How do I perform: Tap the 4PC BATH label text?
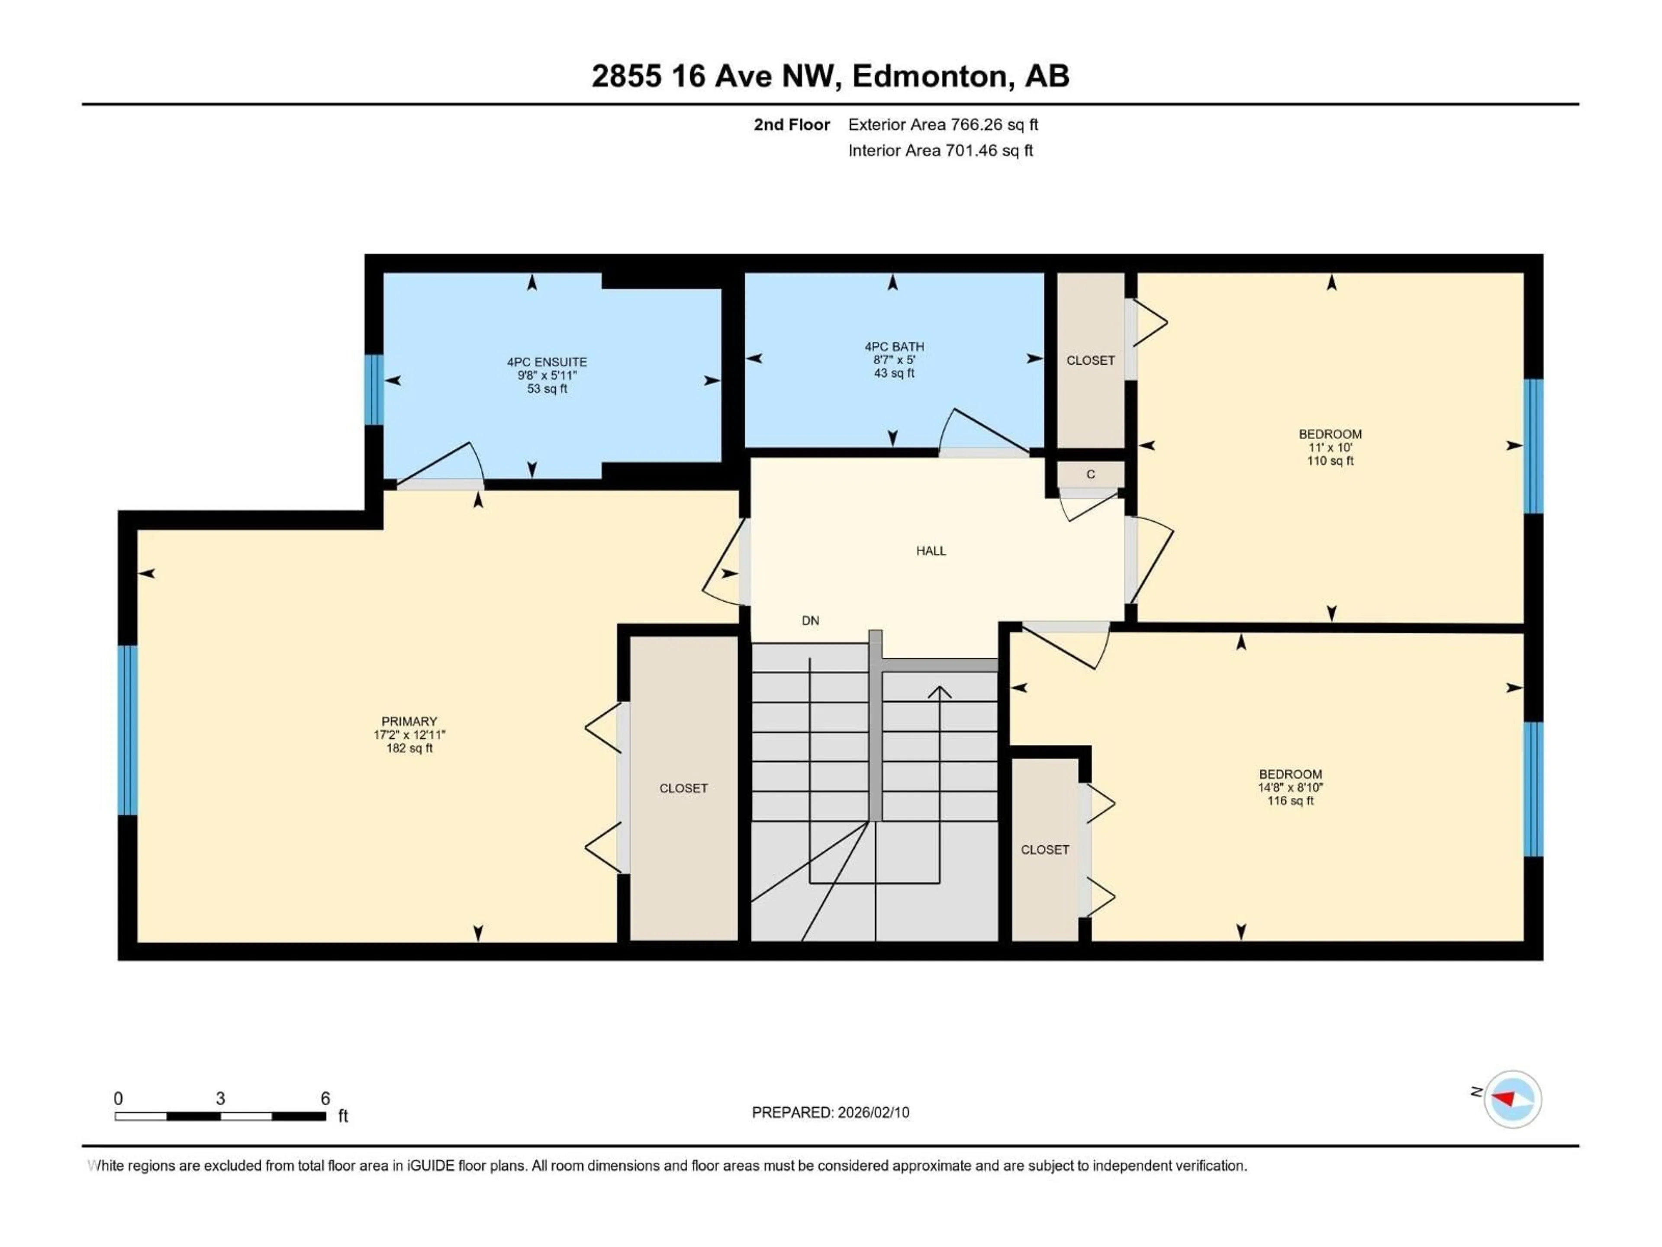pos(893,346)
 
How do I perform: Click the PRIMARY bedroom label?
pos(409,721)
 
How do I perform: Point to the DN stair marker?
pos(810,620)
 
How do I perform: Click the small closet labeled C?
pos(1090,474)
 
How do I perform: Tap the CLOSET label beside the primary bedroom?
pos(683,788)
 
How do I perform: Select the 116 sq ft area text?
pos(1290,801)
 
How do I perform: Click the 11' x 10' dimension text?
pos(1330,447)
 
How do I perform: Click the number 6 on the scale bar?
pos(325,1098)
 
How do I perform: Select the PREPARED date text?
pos(830,1112)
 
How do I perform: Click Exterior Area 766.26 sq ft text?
pos(943,125)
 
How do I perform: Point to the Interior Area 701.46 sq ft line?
pos(940,150)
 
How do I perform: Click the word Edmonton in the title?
pos(929,76)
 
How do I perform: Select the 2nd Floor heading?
pos(791,125)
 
